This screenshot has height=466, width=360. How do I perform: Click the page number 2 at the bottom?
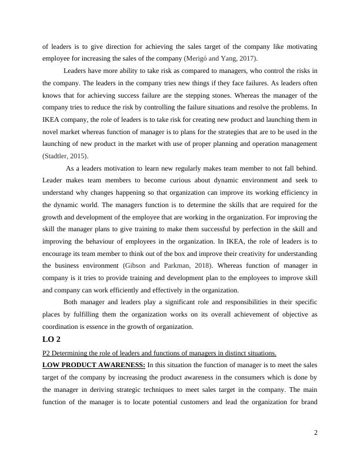coord(315,433)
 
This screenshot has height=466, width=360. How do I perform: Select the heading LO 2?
coord(52,339)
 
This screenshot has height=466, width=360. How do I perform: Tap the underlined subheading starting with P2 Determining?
coord(159,353)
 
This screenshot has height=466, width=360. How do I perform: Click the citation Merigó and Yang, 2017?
coord(221,58)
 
